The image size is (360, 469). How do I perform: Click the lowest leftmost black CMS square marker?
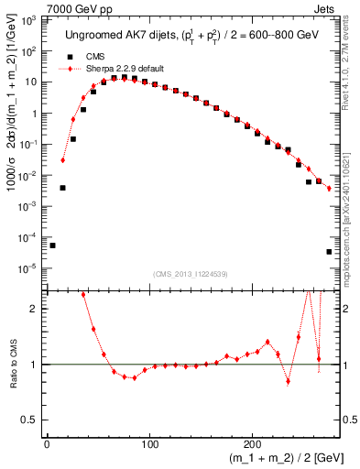click(52, 245)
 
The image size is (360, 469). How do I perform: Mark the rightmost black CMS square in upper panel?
click(329, 252)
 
